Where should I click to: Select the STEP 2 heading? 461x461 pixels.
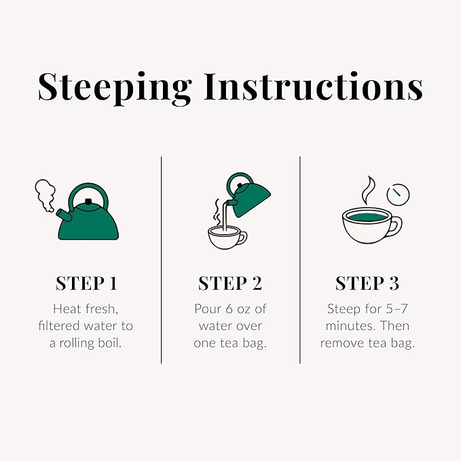point(229,283)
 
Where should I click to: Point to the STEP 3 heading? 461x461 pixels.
point(367,283)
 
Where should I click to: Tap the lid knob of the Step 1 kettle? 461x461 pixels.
point(88,202)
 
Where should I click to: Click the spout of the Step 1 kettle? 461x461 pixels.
point(63,216)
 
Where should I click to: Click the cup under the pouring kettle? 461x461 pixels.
point(227,237)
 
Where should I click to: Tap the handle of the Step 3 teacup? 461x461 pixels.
point(394,225)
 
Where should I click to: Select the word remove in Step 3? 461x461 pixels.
point(342,342)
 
